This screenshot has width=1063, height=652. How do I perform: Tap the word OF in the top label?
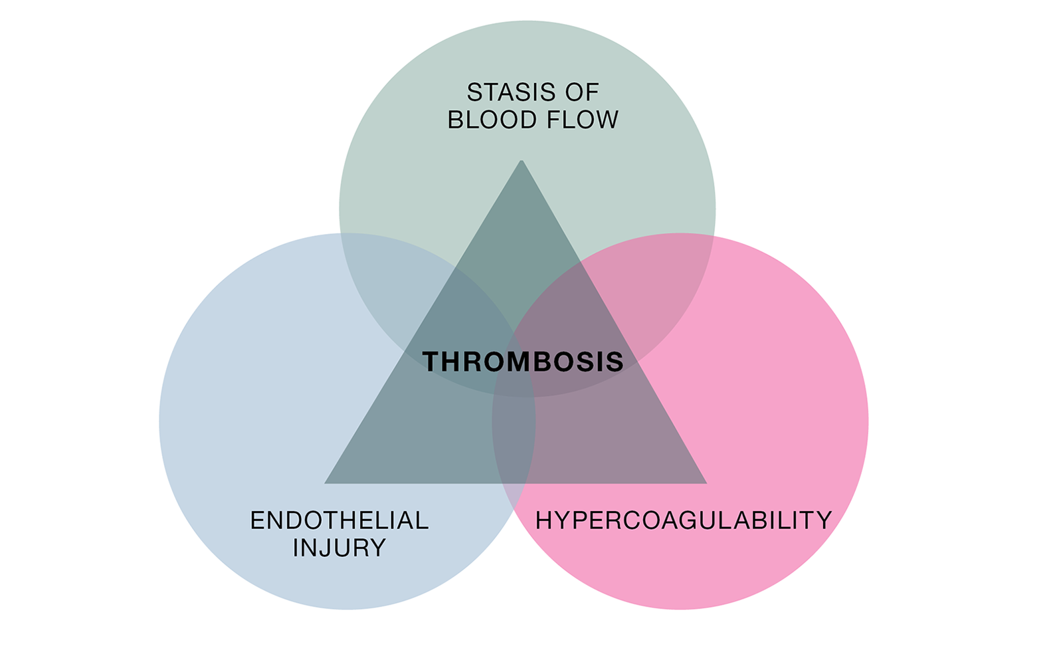click(583, 92)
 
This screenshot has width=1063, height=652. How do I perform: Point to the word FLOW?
click(583, 120)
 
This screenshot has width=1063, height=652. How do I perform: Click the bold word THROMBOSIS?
click(523, 362)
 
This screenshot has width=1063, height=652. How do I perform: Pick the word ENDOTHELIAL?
click(339, 520)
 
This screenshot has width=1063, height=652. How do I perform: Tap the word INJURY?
click(339, 548)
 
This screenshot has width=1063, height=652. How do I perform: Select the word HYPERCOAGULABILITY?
click(683, 520)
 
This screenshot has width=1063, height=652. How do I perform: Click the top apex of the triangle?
click(522, 162)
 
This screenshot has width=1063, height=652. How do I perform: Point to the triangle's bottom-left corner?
click(326, 482)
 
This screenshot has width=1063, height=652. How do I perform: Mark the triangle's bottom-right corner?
click(705, 482)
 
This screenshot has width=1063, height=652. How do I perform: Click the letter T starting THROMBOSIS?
click(431, 362)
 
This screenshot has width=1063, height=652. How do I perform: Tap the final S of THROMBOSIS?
click(615, 362)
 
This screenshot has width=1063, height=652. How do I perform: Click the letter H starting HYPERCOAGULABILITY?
click(543, 520)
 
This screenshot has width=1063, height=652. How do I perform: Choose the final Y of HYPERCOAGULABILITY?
click(824, 520)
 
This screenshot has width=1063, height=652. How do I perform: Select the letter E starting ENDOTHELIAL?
click(257, 520)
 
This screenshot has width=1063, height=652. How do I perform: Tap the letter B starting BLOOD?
click(455, 120)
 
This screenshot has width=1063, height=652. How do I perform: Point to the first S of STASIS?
click(474, 92)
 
